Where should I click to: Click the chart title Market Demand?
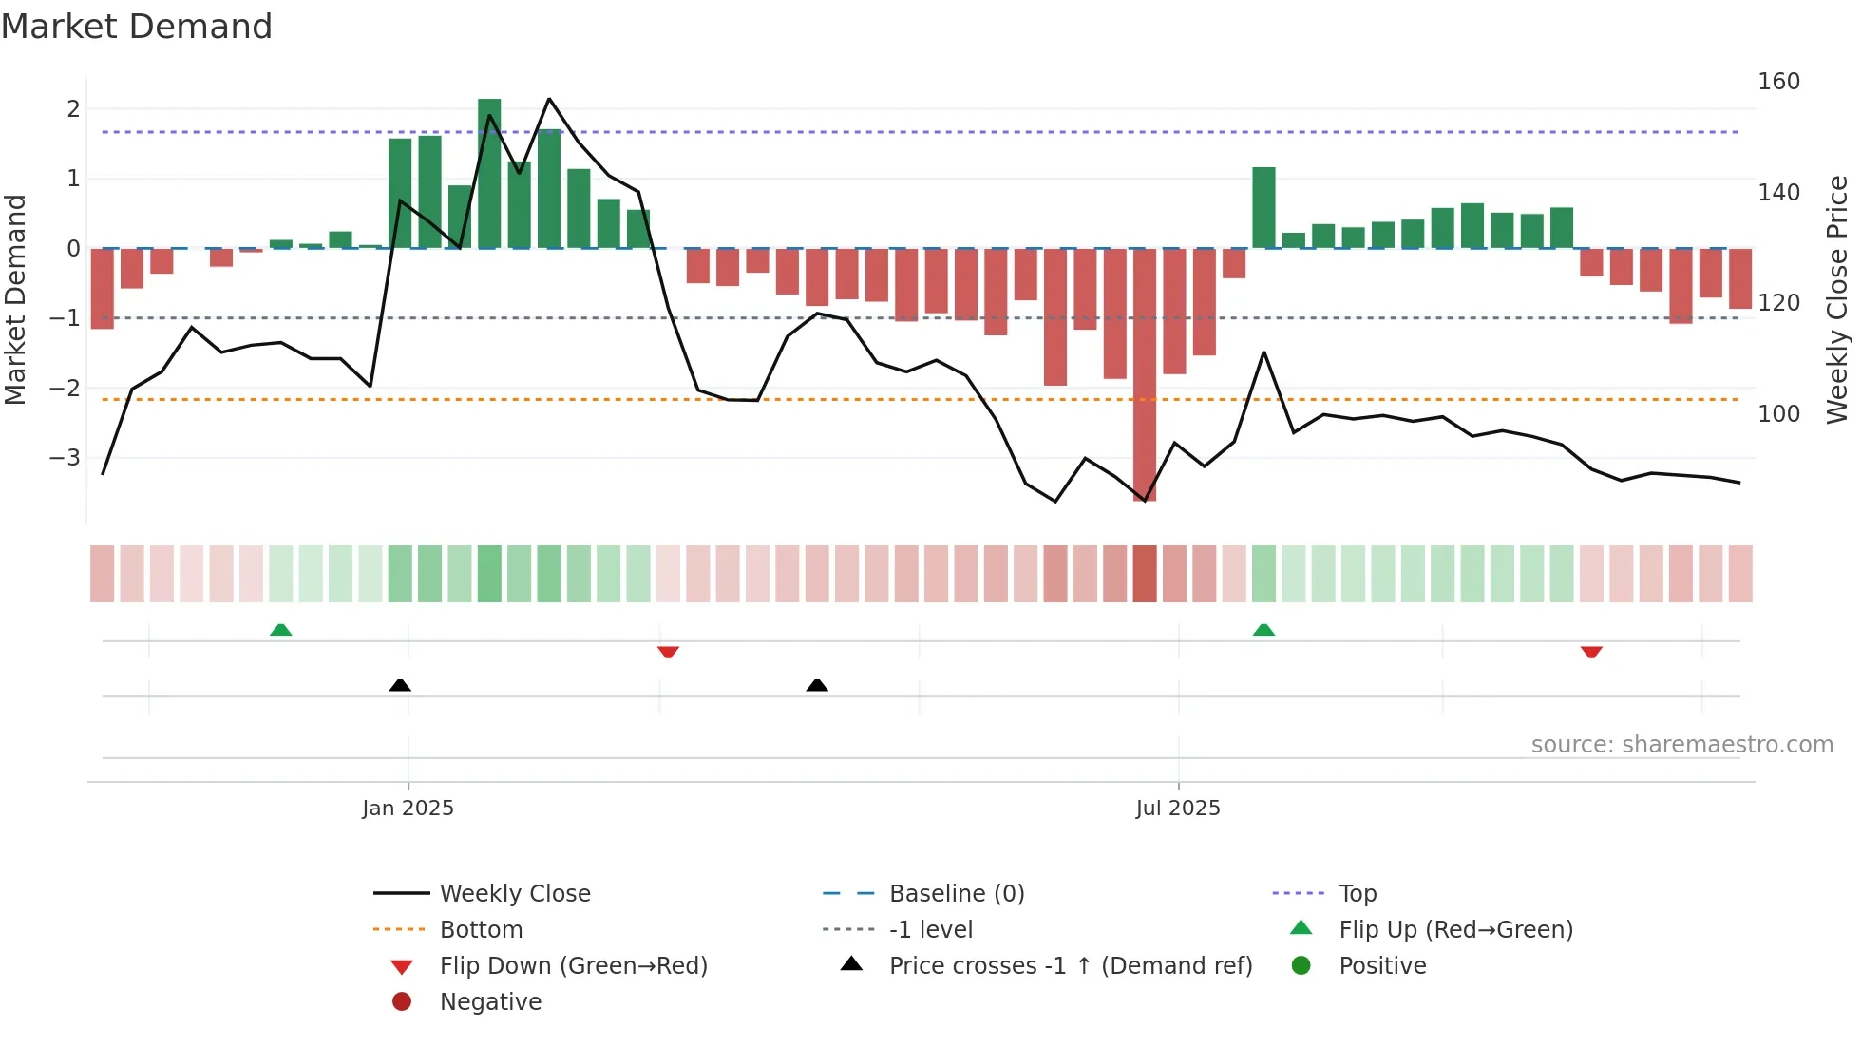point(137,27)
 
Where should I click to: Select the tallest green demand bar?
point(489,173)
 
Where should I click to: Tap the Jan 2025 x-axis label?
point(408,809)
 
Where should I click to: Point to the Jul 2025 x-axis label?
point(1178,809)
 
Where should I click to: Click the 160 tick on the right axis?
point(1778,82)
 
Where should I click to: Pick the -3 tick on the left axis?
point(66,458)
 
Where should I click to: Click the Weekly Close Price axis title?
point(1837,299)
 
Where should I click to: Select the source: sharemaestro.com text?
point(1681,745)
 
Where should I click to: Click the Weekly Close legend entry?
point(514,894)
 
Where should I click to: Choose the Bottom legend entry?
point(481,930)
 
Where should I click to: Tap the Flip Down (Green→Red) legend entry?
point(573,966)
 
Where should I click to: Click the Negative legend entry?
point(490,1002)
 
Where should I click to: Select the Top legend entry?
point(1357,894)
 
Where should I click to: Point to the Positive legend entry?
point(1382,966)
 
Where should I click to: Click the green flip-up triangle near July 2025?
point(1263,630)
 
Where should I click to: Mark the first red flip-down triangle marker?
point(668,652)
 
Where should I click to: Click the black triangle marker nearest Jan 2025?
point(400,685)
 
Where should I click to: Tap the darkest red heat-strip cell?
point(1145,574)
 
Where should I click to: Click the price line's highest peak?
point(549,99)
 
